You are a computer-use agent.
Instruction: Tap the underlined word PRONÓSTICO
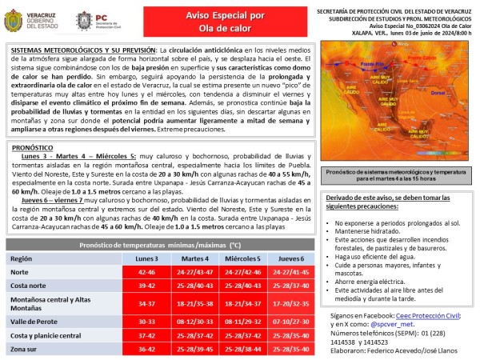pyautogui.click(x=34, y=147)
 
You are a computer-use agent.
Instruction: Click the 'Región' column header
pyautogui.click(x=22, y=259)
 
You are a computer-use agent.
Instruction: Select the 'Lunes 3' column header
pyautogui.click(x=147, y=259)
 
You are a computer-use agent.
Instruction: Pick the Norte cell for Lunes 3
pyautogui.click(x=147, y=273)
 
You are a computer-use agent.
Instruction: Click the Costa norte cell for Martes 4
pyautogui.click(x=195, y=286)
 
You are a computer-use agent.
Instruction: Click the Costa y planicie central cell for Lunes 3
pyautogui.click(x=147, y=335)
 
